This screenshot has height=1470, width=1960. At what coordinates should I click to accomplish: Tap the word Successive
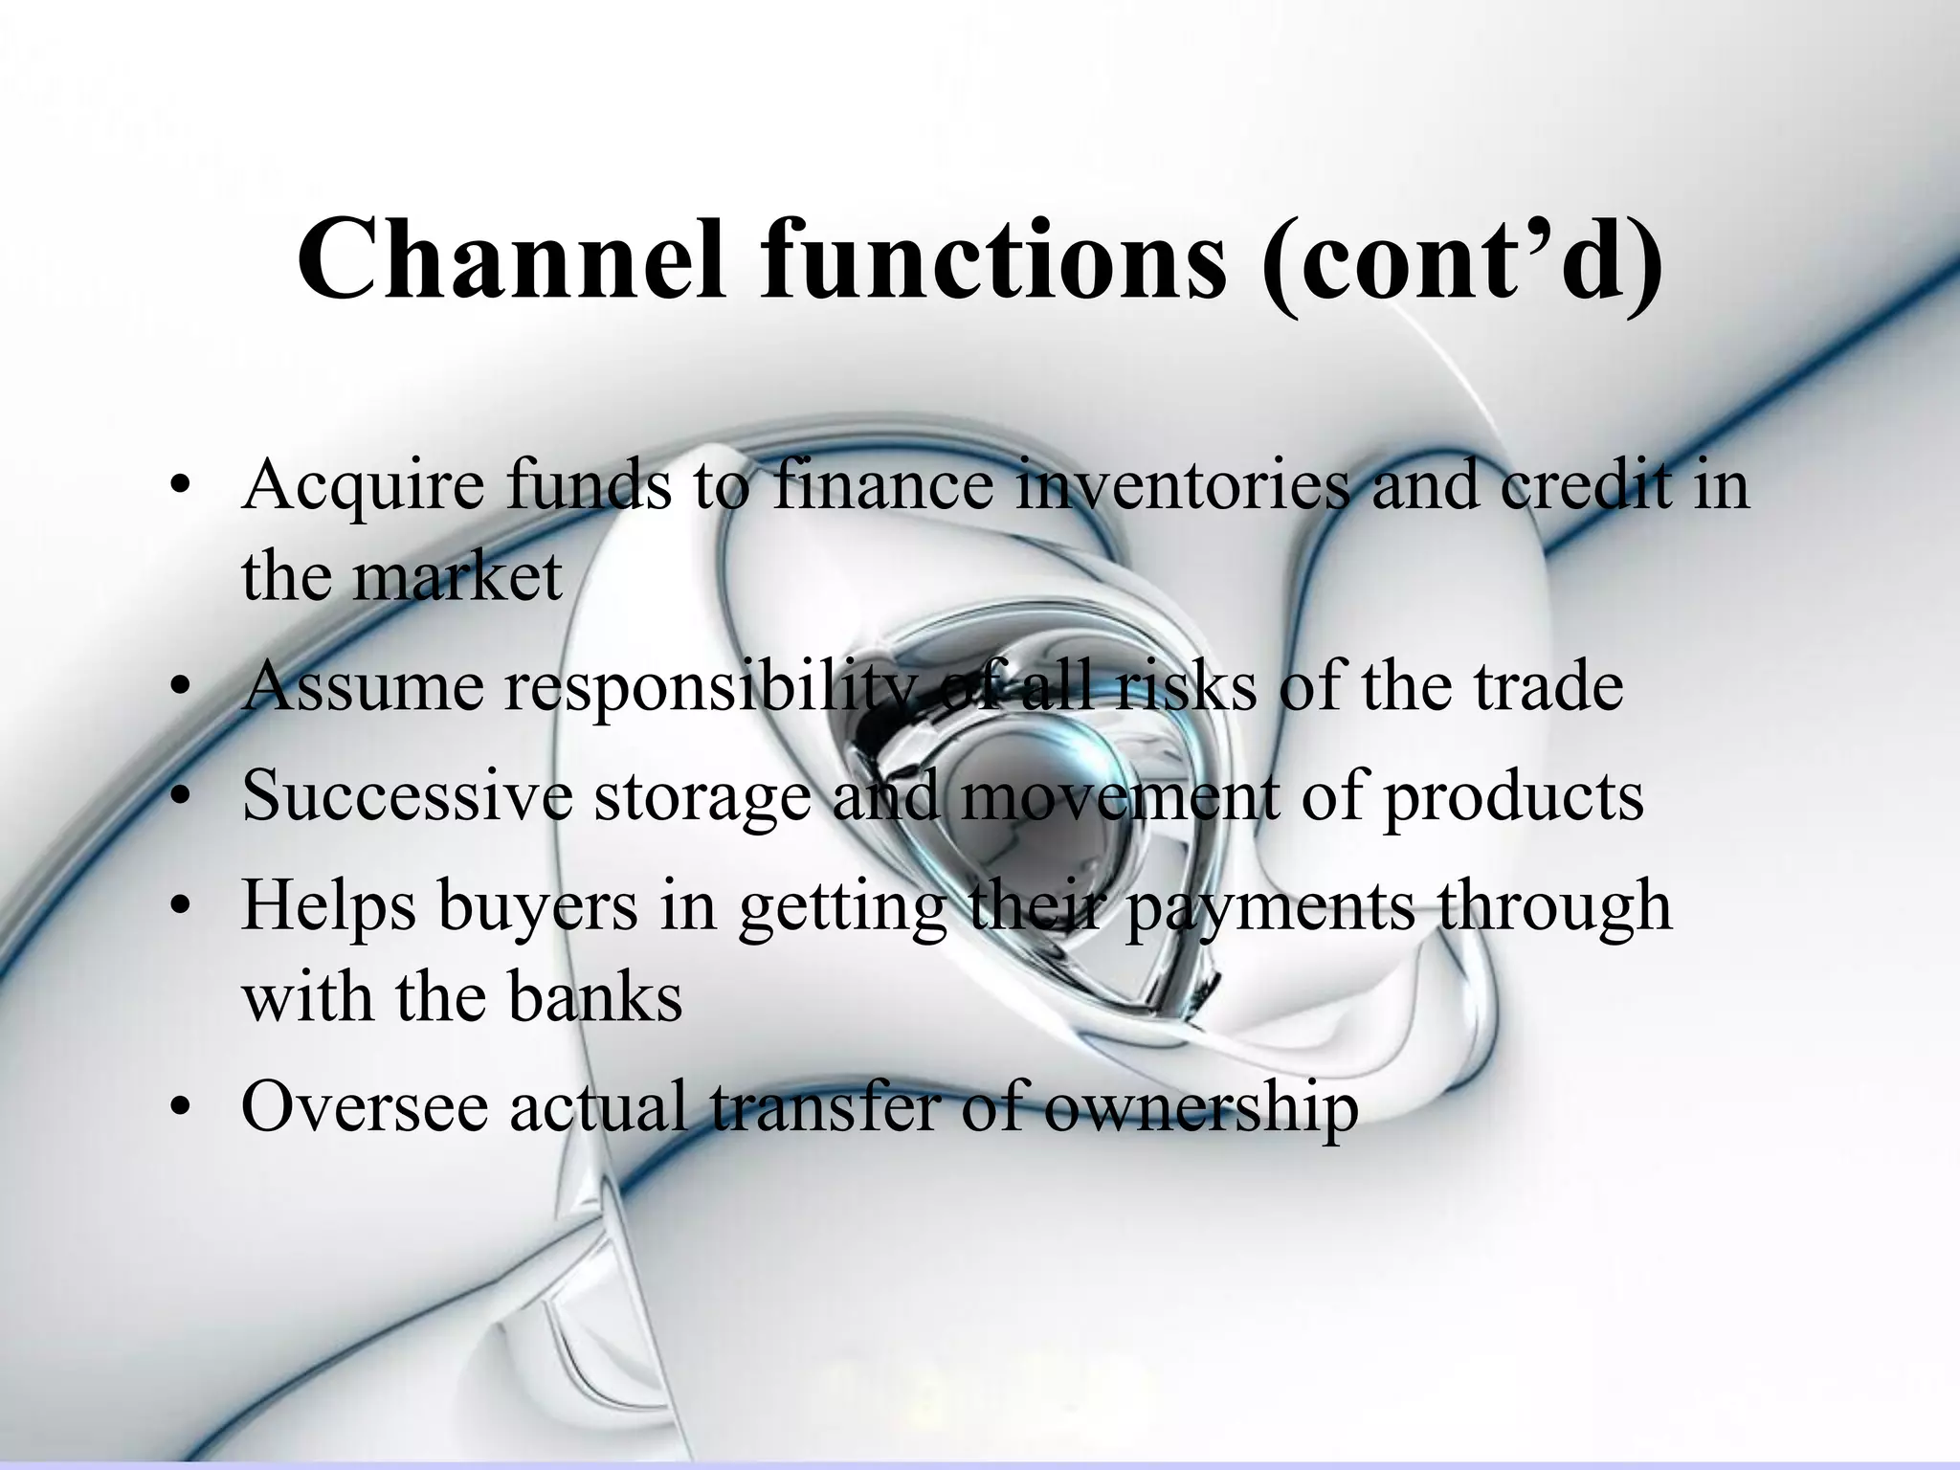coord(407,795)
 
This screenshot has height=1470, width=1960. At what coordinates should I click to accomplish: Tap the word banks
coord(594,998)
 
